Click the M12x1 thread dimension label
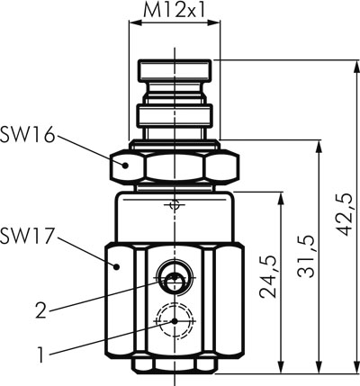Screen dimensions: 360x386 (175, 11)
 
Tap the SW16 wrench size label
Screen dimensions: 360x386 (28, 135)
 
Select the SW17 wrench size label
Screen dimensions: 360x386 (28, 236)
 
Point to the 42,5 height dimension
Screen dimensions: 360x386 (344, 214)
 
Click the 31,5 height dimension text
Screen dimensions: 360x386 (306, 256)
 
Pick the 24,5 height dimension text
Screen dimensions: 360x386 (268, 277)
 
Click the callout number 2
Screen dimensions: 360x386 (41, 310)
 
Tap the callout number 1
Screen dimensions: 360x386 (40, 355)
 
